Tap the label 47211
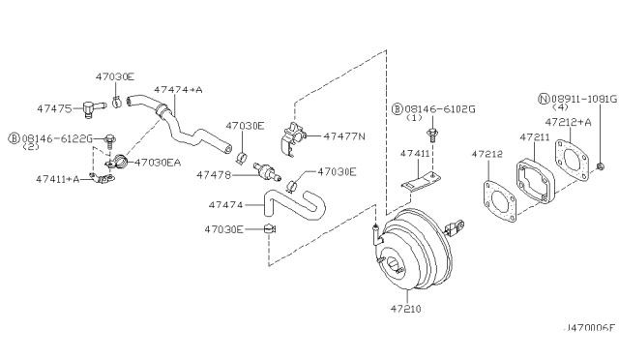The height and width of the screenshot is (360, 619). click(535, 138)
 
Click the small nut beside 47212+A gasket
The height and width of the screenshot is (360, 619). click(602, 159)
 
